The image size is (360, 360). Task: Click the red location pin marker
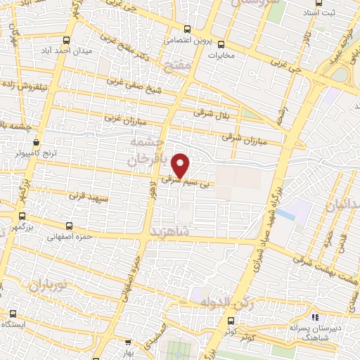pos(181,165)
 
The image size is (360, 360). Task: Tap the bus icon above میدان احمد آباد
pos(66,40)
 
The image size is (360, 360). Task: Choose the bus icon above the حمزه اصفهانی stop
pos(68,226)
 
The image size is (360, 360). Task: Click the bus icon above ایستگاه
pos(13,314)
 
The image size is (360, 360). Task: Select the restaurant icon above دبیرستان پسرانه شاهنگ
pos(316,318)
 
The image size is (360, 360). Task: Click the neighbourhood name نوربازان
pos(47,286)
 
